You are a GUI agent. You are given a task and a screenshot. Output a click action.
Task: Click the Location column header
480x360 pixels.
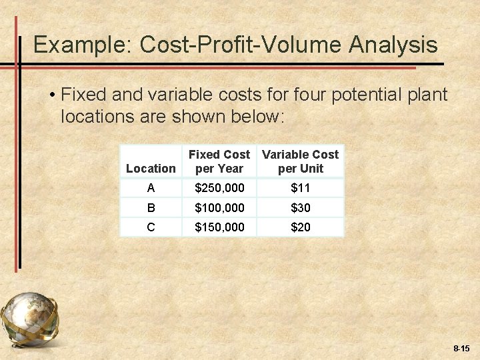click(x=151, y=169)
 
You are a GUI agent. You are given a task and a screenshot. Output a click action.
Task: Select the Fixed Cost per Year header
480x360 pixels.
click(x=219, y=161)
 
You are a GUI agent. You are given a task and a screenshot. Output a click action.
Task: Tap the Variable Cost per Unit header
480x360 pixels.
click(x=300, y=161)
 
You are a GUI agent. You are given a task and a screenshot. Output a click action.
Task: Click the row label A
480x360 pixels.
click(x=151, y=189)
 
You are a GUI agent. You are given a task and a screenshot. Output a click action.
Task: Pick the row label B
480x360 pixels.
click(x=151, y=208)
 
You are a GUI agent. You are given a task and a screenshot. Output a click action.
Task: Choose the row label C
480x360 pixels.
click(x=151, y=227)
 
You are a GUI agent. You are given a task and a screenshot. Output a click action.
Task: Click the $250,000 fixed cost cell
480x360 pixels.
click(x=219, y=189)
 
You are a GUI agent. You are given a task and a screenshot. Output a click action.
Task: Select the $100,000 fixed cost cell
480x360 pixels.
click(x=219, y=208)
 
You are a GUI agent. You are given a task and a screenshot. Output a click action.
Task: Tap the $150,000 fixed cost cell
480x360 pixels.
click(x=219, y=227)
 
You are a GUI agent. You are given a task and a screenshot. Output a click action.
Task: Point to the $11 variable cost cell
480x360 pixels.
click(x=300, y=189)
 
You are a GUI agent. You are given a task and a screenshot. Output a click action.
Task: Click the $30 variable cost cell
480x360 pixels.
click(x=300, y=208)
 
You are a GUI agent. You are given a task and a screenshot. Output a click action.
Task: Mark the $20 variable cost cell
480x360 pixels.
click(x=300, y=227)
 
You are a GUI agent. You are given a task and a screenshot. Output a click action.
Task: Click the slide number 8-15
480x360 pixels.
click(x=461, y=349)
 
